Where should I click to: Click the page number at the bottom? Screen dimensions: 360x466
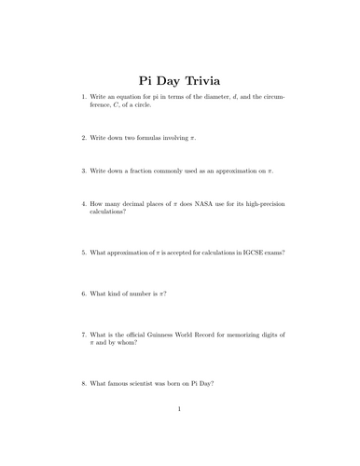click(180, 433)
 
